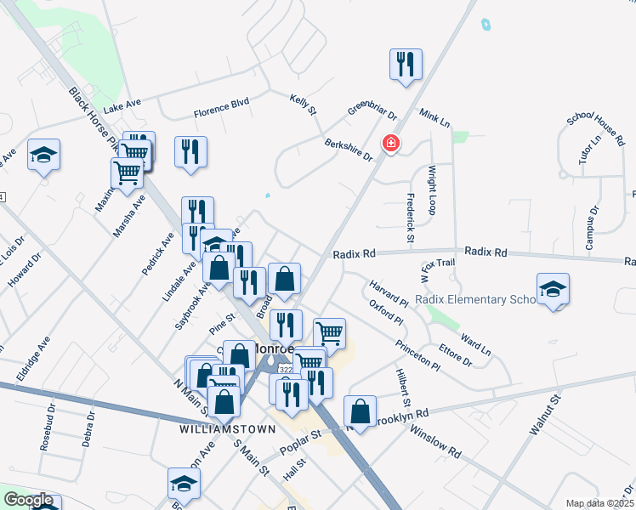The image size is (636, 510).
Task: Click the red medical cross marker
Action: click(391, 144)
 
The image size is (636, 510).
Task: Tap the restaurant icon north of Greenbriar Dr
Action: click(406, 64)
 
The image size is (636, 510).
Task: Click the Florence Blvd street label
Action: click(221, 106)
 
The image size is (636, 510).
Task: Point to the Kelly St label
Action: click(303, 105)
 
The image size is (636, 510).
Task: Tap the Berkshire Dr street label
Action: click(349, 150)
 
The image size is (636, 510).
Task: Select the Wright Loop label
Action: click(432, 189)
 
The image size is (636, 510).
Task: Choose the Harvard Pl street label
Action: click(388, 292)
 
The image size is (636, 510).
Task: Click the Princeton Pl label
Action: click(417, 355)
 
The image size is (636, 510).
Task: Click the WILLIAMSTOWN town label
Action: click(213, 430)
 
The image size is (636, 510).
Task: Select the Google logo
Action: click(28, 501)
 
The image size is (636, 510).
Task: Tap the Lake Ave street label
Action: click(122, 106)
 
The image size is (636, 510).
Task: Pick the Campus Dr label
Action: click(592, 228)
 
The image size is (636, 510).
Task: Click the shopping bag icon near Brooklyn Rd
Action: click(360, 411)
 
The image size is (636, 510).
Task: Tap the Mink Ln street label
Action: click(434, 118)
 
